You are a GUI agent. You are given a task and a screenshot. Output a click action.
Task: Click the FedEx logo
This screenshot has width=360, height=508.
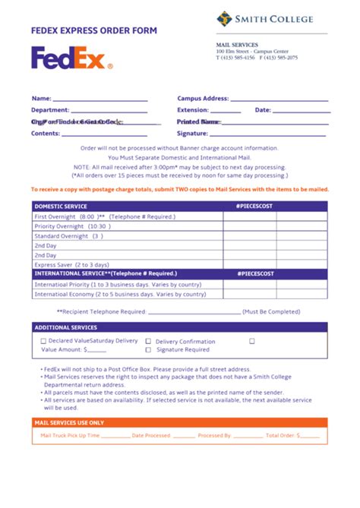click(x=71, y=58)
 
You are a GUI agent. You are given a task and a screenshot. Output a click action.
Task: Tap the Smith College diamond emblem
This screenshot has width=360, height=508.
click(x=224, y=19)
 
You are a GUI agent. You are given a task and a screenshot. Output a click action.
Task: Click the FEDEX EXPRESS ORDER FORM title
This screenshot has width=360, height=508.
click(x=94, y=31)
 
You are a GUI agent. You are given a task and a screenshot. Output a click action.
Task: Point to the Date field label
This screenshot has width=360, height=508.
click(x=263, y=110)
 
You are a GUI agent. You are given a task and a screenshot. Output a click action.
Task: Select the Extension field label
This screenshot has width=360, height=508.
click(x=193, y=110)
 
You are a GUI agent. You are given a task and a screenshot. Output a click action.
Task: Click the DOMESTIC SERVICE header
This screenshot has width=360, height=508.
click(x=61, y=206)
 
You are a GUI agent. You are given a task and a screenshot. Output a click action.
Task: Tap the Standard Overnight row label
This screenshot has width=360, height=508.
click(x=69, y=236)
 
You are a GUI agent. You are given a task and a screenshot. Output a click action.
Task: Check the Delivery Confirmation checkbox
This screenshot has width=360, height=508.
click(x=148, y=342)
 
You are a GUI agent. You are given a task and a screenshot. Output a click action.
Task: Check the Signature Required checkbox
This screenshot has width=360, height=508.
click(x=148, y=350)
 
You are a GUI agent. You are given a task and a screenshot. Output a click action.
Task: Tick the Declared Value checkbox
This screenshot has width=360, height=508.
click(x=43, y=341)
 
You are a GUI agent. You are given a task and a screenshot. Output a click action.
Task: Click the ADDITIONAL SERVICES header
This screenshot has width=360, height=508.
click(x=65, y=327)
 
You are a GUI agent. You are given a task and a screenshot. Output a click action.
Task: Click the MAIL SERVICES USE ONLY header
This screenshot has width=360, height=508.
click(x=70, y=423)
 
